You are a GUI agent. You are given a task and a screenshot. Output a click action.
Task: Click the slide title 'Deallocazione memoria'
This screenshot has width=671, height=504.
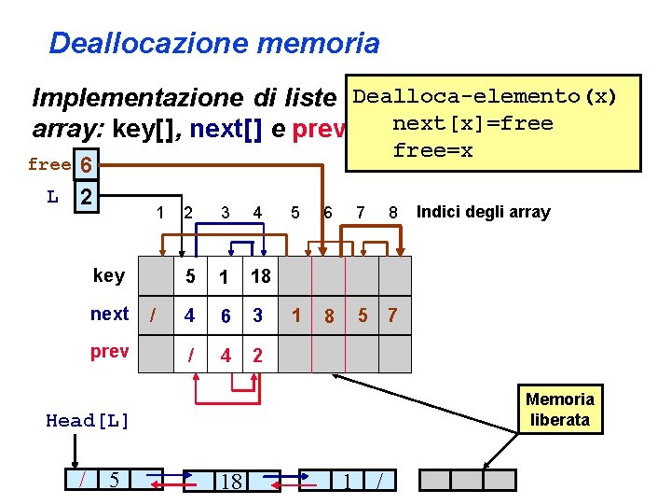tap(214, 43)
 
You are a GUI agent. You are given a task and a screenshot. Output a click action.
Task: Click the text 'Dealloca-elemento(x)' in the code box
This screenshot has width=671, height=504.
tap(486, 97)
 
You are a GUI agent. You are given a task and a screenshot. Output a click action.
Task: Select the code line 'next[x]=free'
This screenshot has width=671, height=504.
tap(472, 123)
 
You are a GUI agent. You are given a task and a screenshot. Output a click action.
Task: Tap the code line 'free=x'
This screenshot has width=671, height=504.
tap(432, 149)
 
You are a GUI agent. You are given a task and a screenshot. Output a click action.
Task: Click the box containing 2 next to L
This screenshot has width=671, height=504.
tap(85, 199)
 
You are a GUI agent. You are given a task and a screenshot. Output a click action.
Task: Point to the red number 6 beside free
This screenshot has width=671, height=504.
tap(85, 166)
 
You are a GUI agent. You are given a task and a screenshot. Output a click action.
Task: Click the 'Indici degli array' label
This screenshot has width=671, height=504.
tap(483, 212)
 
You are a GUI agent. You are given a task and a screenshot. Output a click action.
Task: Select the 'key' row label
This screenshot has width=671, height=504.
tap(109, 274)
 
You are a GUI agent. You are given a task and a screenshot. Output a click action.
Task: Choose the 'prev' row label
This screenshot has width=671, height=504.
tap(110, 354)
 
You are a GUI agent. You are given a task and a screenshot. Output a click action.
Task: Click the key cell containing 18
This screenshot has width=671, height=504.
tap(261, 275)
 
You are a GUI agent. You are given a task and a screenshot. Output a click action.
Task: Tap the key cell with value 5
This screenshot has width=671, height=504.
tap(190, 275)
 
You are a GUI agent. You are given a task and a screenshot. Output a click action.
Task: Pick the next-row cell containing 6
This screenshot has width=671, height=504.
tap(226, 315)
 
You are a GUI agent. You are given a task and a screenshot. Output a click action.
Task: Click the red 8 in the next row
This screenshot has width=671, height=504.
tap(329, 316)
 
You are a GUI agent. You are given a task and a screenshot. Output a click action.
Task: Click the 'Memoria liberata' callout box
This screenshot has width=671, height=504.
tap(559, 410)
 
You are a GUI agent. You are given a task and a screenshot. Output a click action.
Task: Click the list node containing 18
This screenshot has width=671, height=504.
tap(228, 482)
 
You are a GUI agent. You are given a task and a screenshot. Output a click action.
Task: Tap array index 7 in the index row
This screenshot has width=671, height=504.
tap(360, 213)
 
